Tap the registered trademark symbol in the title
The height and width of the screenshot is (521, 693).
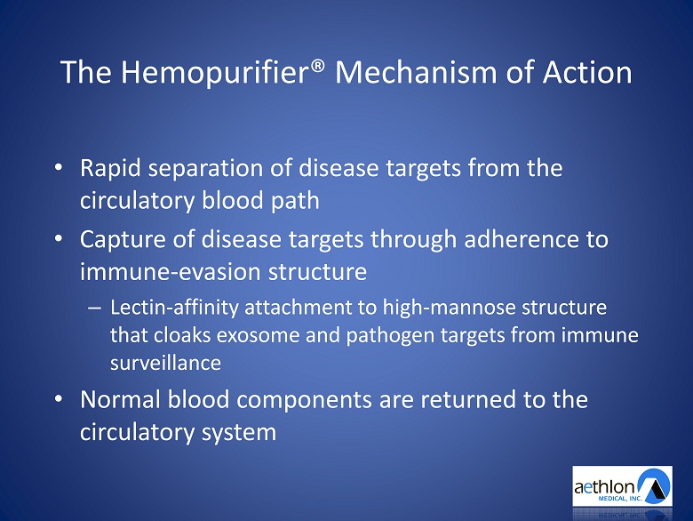click(319, 67)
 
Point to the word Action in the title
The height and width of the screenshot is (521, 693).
click(587, 72)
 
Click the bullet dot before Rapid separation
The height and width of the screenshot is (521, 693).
click(59, 168)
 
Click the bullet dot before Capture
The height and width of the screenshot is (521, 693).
click(59, 239)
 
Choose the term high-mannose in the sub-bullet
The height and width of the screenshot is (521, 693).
click(449, 308)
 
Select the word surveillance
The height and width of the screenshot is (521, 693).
click(165, 363)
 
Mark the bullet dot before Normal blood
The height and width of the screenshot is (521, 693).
click(59, 399)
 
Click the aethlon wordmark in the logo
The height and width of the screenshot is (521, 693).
click(604, 487)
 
